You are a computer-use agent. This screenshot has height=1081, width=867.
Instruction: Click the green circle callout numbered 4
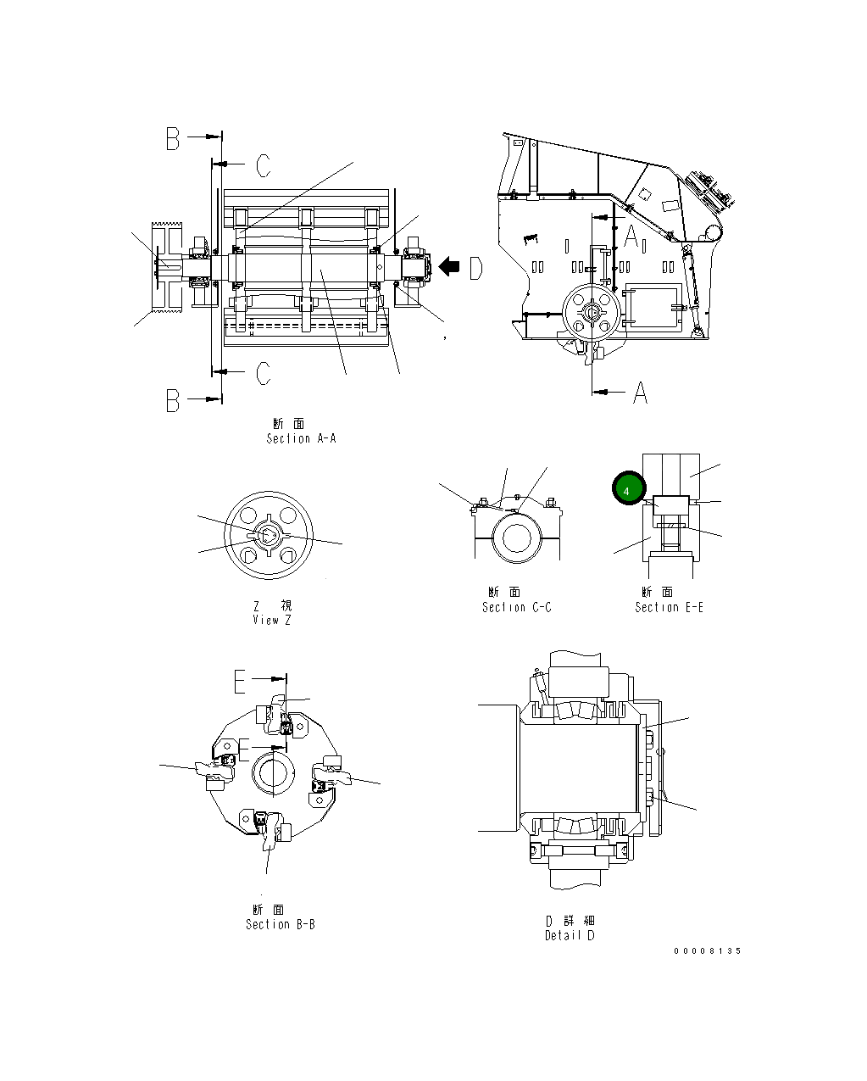pos(628,488)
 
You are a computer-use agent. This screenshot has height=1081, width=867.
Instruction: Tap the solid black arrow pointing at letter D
pos(448,267)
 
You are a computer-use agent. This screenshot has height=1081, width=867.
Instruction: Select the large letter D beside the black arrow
pos(475,268)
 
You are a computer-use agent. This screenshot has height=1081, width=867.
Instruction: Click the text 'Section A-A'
pos(301,438)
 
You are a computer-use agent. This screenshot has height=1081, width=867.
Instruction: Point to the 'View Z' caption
pos(271,620)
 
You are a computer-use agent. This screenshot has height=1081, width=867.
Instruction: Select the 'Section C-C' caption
pos(516,607)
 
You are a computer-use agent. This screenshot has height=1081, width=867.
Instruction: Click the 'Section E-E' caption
pos(669,607)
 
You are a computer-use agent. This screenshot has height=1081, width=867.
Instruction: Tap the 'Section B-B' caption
pos(280,924)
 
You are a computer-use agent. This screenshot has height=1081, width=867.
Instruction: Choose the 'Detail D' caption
pos(570,935)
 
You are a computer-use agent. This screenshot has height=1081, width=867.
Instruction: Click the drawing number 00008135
pos(708,950)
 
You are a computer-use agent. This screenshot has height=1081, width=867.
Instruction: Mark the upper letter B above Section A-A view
pos(173,139)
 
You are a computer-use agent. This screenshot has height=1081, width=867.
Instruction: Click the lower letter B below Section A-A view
pos(173,401)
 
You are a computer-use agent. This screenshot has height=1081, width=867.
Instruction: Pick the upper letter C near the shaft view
pos(264,166)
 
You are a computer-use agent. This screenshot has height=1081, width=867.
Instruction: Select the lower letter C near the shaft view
pos(264,373)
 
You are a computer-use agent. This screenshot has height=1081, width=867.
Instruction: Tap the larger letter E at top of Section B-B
pos(241,681)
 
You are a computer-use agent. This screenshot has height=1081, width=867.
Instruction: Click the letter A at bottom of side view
pos(640,393)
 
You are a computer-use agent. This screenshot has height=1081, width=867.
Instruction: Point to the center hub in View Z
pos(267,536)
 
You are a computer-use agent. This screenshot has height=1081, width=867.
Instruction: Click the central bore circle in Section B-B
pos(273,772)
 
